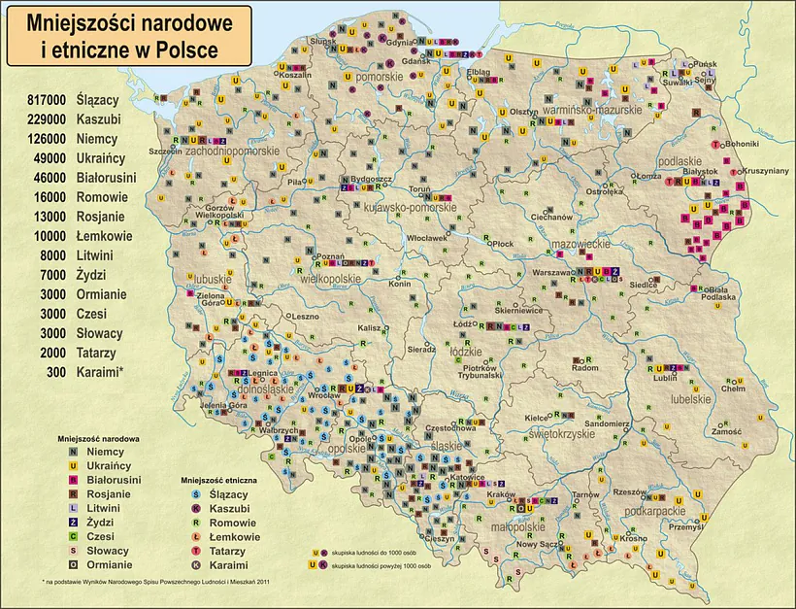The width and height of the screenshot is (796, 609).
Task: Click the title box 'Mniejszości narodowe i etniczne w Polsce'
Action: pyautogui.click(x=129, y=37)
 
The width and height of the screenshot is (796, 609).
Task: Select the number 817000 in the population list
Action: pyautogui.click(x=46, y=100)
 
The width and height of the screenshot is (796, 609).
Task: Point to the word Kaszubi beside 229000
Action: pyautogui.click(x=99, y=119)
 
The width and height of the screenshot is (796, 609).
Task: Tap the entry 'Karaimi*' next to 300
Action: pyautogui.click(x=100, y=372)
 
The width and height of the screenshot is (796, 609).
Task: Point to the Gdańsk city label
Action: pyautogui.click(x=414, y=61)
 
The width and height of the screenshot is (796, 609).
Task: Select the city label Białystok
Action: pyautogui.click(x=703, y=170)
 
